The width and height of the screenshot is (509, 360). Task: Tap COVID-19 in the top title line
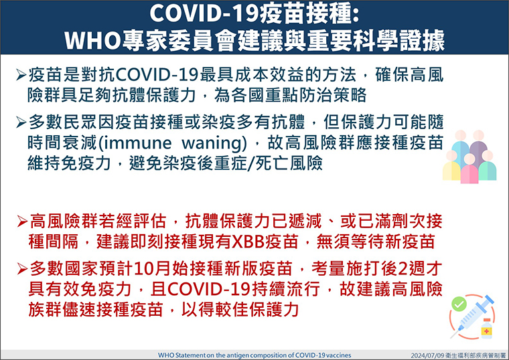[204, 14]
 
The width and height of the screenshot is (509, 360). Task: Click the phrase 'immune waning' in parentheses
[172, 143]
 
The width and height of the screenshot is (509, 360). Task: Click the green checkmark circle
[459, 304]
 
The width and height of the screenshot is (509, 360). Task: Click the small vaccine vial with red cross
[486, 329]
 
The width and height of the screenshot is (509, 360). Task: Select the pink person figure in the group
[469, 169]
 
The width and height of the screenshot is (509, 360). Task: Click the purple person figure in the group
[478, 146]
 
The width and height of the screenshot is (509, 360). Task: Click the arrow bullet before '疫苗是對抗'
[21, 75]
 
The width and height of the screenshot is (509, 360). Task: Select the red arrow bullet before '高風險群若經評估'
[22, 222]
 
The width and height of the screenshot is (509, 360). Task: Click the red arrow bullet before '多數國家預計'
[22, 269]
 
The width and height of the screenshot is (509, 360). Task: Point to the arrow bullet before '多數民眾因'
[21, 122]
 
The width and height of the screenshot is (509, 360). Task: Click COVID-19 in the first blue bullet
[157, 75]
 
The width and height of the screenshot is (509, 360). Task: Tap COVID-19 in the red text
[209, 289]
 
